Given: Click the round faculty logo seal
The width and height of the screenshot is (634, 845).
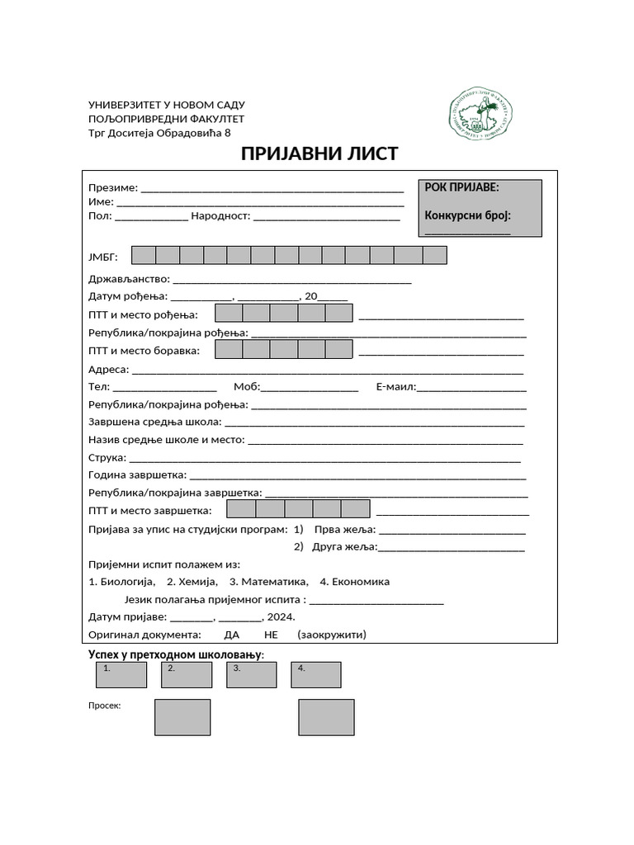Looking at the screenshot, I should coord(481,113).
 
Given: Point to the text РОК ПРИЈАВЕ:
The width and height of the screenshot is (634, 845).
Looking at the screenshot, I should coord(461,187).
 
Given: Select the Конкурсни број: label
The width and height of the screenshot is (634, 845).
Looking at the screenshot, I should coord(467,215).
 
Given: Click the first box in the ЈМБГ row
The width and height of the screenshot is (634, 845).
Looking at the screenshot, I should coord(144,255).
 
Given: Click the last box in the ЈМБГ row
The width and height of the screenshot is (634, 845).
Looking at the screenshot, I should coord(434,255).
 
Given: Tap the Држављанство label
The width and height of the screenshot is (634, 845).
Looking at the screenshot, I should coord(129,279).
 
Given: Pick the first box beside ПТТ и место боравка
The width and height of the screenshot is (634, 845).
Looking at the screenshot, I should coord(229,350).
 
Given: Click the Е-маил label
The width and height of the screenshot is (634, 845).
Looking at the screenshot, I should coord(395,386).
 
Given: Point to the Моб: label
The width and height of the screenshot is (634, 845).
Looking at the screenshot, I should coord(247,386).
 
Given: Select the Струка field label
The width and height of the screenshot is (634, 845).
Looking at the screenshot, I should coord(107,457).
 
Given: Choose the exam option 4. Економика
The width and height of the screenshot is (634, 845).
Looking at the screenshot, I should coord(354,582).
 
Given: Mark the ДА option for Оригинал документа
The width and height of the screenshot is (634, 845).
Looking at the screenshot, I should coord(232,635).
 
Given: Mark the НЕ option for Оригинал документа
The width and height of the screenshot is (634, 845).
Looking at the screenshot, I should coord(272,635).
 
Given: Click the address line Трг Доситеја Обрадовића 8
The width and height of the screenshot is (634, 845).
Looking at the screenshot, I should coord(160,133).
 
